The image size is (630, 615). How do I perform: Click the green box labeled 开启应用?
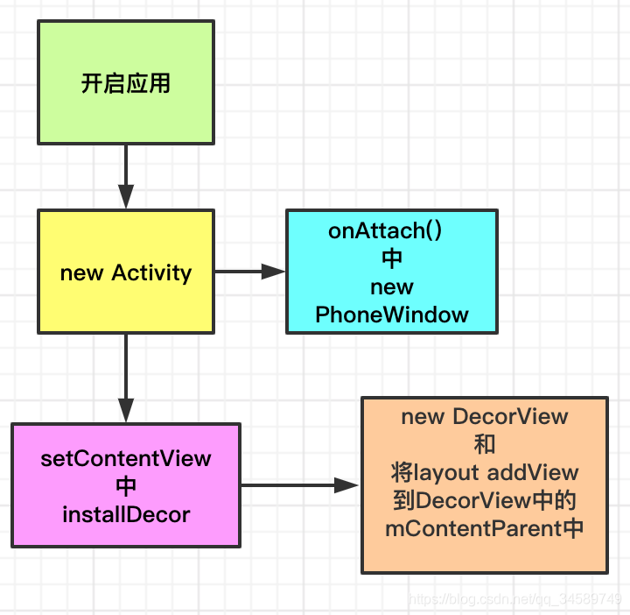(125, 82)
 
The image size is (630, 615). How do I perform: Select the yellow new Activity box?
(125, 272)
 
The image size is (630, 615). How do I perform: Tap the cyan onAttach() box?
(392, 272)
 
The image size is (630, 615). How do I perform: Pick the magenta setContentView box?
(125, 485)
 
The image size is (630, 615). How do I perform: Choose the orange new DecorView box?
(484, 485)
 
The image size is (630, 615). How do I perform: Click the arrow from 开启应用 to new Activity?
(126, 175)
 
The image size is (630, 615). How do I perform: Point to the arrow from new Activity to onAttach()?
(250, 272)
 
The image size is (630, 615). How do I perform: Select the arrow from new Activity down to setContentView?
(126, 378)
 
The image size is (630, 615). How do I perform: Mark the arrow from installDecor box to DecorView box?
(300, 485)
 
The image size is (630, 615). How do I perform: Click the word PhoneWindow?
(392, 315)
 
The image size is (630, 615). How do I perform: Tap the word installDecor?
(126, 514)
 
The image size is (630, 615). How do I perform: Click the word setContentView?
(126, 458)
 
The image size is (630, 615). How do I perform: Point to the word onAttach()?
(385, 230)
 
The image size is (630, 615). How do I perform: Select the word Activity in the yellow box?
(151, 272)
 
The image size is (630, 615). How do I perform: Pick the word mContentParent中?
(484, 529)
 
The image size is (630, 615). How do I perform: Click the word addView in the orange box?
(533, 473)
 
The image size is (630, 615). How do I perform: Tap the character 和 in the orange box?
(484, 444)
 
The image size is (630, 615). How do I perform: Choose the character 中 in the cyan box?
(392, 258)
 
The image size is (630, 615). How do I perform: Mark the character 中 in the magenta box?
(126, 486)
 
